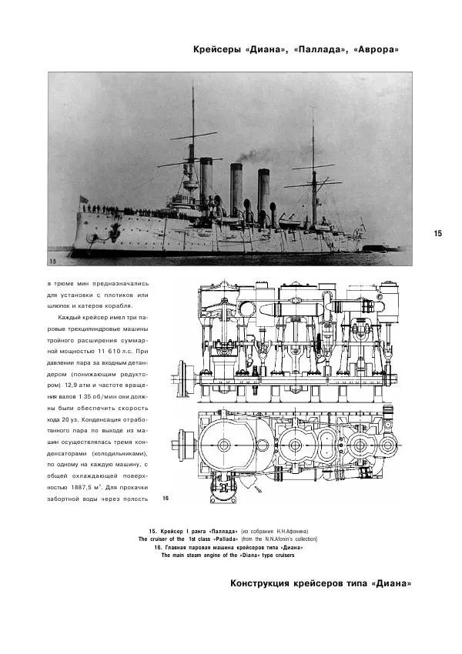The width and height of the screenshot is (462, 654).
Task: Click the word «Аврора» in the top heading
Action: coord(372,50)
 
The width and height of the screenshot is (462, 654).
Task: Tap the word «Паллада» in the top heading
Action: coord(314,50)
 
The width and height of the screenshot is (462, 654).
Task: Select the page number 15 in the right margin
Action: coord(437,234)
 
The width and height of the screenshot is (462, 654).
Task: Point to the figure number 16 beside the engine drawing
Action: coord(166,499)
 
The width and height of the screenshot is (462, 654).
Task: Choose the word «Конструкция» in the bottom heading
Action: coord(259,583)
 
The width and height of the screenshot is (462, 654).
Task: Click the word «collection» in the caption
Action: coord(300,539)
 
